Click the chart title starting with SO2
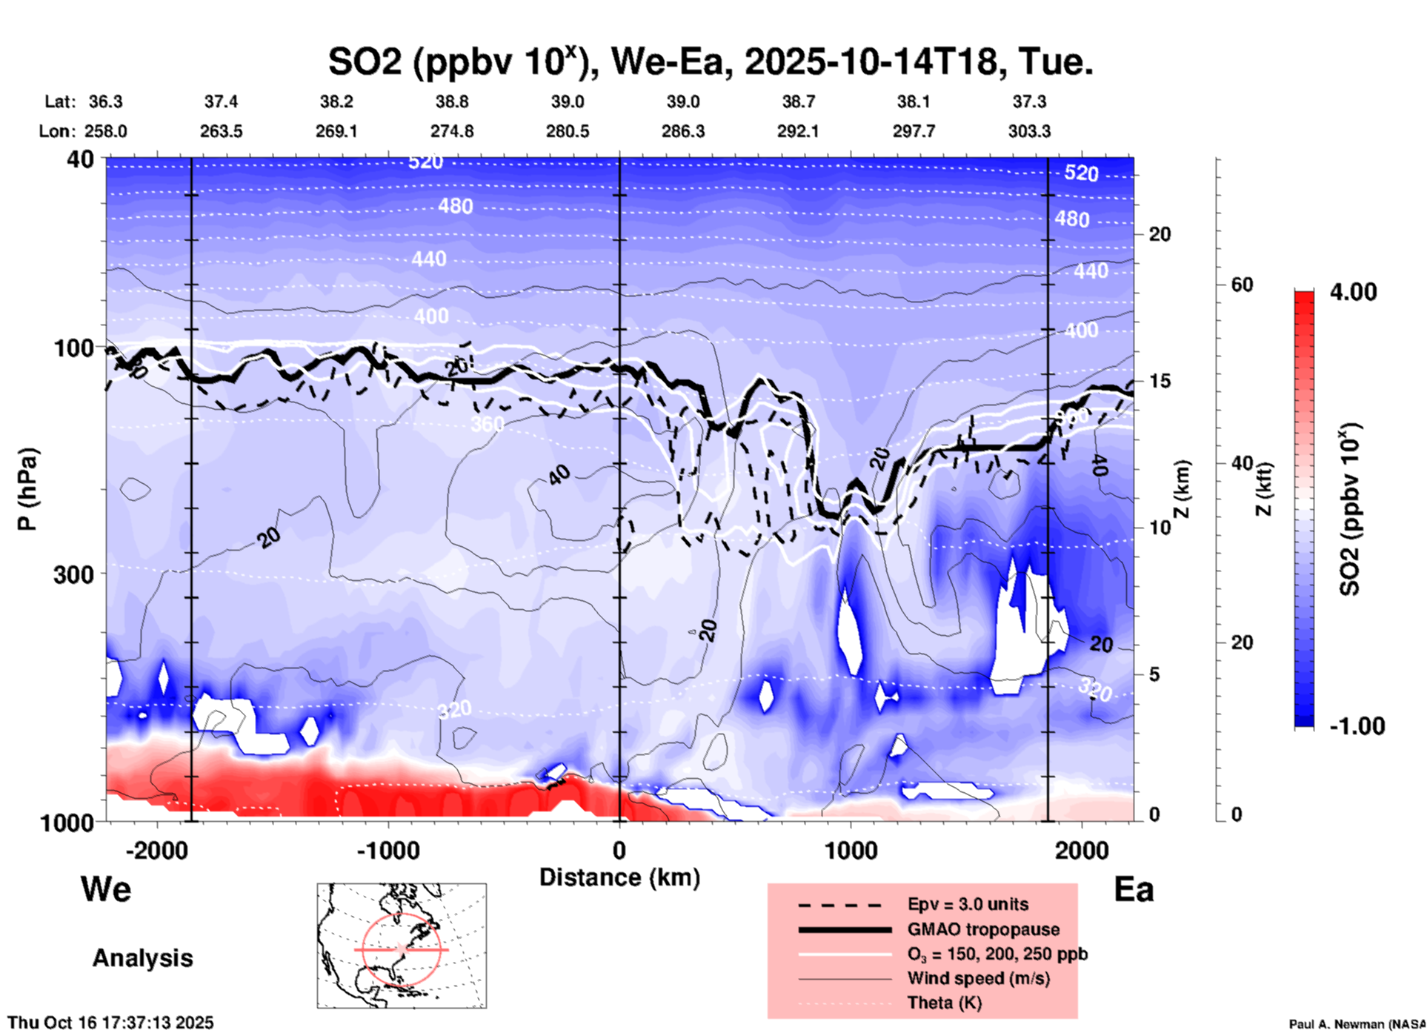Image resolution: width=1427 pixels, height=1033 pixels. tap(710, 61)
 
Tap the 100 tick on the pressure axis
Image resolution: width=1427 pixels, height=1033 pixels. tap(74, 348)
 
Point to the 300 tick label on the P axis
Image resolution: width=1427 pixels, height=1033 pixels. tap(74, 574)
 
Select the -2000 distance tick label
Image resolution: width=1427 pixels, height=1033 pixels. tap(156, 850)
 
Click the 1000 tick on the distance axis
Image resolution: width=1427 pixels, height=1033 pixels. tap(851, 850)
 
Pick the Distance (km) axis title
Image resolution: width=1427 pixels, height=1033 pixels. tap(619, 877)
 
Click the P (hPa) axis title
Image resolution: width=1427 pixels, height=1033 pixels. tap(27, 489)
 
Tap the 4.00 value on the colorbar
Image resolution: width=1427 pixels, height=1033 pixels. tap(1353, 292)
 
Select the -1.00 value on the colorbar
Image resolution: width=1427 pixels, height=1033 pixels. tap(1357, 725)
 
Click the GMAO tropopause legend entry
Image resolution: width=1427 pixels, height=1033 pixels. tap(983, 929)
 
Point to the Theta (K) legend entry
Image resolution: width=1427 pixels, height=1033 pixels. tap(944, 1003)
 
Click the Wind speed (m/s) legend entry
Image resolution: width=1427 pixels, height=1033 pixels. tap(978, 978)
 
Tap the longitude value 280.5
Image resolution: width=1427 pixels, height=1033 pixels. tap(568, 131)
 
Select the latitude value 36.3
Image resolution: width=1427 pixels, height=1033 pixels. tap(105, 102)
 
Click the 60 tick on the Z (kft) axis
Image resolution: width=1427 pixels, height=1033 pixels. tap(1242, 285)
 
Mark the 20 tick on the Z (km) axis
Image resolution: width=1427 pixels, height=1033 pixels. tap(1160, 234)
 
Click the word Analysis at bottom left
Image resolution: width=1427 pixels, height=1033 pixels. tap(142, 958)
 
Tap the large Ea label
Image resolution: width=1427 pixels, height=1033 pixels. tap(1134, 889)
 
